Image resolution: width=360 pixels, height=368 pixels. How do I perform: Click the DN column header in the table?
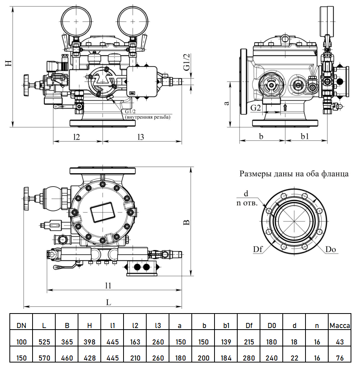[22, 325]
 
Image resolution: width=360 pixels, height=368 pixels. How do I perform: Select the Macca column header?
[340, 325]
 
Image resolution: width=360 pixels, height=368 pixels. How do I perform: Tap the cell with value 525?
[44, 342]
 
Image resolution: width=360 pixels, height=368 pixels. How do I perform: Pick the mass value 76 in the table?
[340, 358]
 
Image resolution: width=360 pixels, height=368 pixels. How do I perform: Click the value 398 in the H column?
[90, 342]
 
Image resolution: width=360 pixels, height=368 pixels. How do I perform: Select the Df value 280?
[249, 358]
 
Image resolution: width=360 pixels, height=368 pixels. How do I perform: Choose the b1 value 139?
[226, 342]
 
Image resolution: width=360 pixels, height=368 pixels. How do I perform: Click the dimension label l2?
[76, 137]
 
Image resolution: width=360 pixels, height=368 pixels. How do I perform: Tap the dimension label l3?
[141, 137]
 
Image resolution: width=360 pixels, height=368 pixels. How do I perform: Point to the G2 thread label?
[256, 107]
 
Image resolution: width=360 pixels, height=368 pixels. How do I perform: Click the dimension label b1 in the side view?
[305, 136]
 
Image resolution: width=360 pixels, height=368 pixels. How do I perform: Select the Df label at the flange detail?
[258, 249]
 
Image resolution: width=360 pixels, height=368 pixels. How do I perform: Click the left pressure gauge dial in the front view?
[77, 19]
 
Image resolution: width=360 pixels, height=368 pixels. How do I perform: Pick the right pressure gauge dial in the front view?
[133, 19]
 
